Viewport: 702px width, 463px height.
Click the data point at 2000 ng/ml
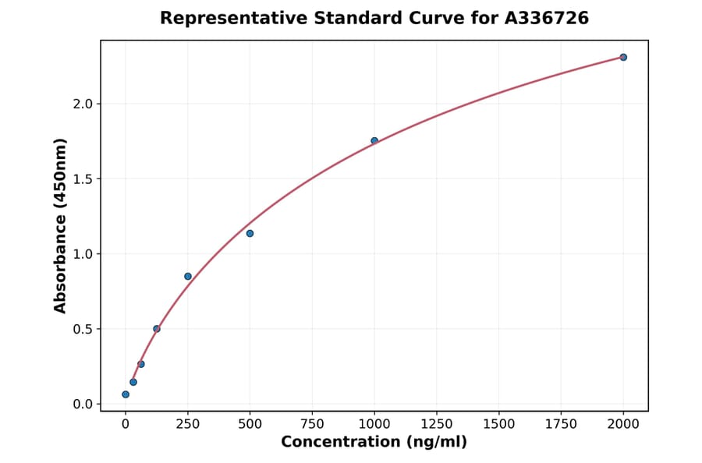623,57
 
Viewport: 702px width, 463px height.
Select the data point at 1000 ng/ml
374,141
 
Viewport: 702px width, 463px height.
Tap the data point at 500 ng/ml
250,233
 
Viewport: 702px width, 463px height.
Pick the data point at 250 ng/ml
188,276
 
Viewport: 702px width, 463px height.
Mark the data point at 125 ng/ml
157,329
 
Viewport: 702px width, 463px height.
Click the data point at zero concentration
126,394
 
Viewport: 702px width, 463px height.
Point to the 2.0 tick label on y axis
82,104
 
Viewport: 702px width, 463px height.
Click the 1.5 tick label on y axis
82,179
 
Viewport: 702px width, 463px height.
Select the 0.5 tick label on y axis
82,329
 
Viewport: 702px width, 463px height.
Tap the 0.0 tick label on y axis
82,404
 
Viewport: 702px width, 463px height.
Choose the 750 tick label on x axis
312,423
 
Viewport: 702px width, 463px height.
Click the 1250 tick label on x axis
437,423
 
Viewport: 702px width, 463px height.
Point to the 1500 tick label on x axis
499,423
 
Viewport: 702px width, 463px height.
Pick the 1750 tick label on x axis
562,423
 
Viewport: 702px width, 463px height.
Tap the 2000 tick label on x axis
623,423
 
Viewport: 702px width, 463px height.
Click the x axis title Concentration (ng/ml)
374,443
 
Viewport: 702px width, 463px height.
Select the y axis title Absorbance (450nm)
60,225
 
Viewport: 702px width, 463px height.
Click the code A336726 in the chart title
546,18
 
